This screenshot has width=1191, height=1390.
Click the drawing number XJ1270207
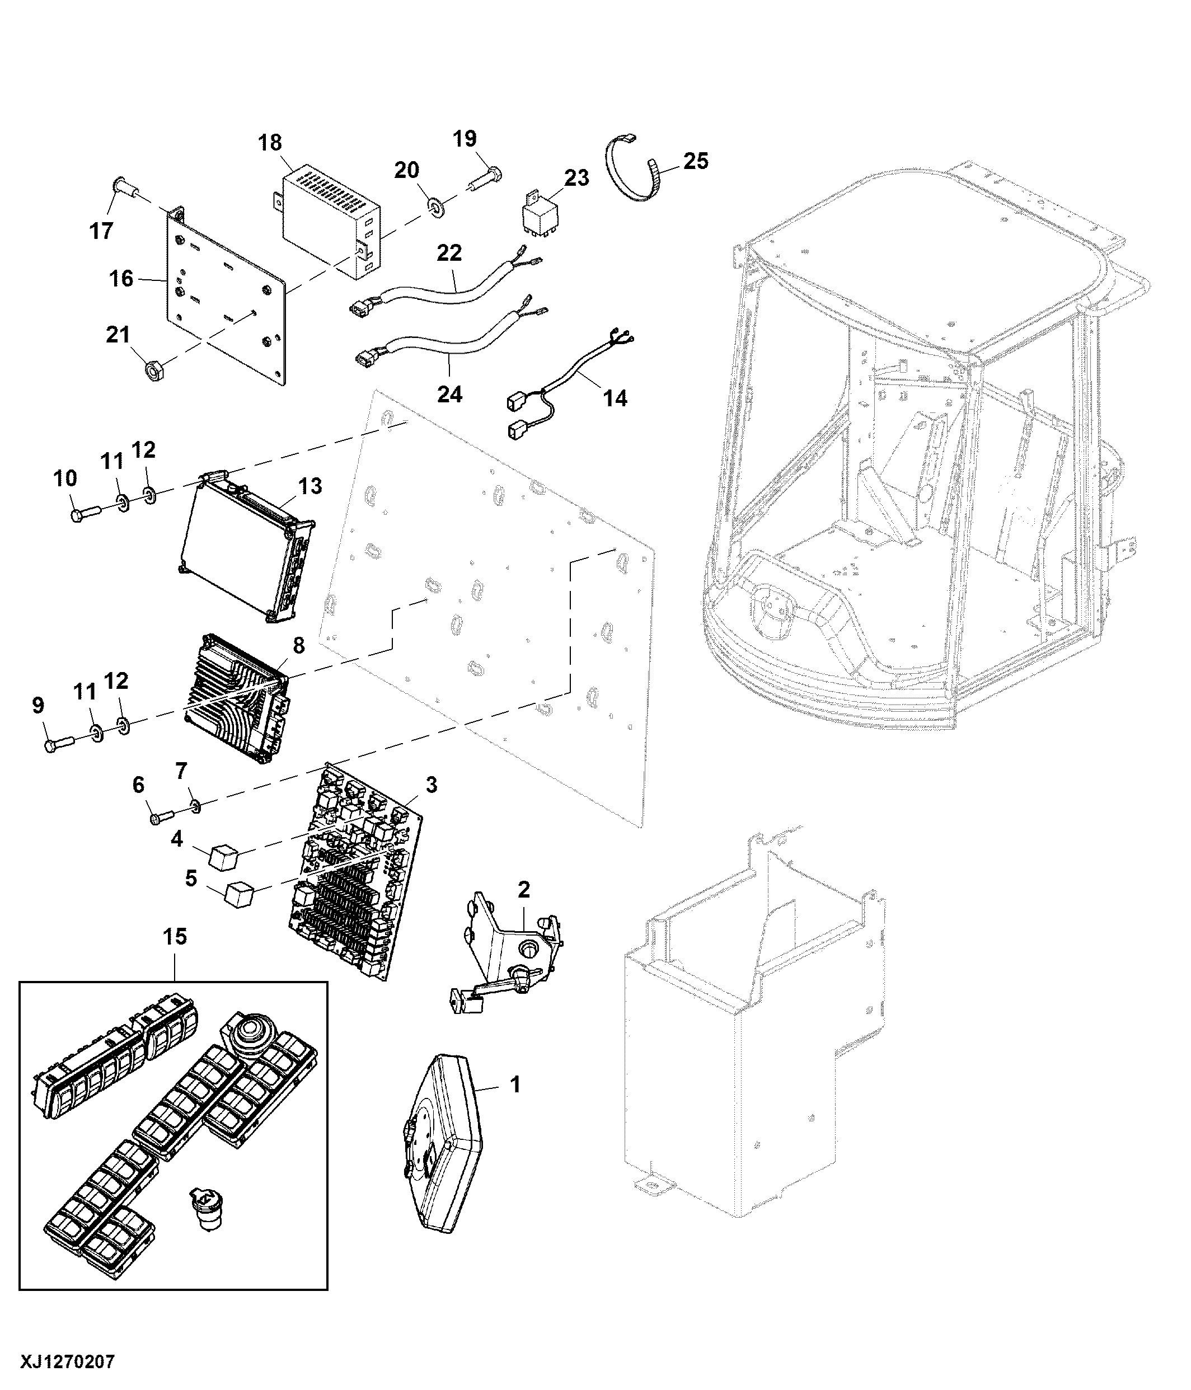point(68,1362)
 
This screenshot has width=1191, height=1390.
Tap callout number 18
point(270,143)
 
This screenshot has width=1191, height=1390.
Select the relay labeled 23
point(541,213)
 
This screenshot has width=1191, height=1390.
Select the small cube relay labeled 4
point(222,857)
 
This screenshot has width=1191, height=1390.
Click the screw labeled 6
point(161,816)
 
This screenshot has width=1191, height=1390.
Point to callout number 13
point(311,486)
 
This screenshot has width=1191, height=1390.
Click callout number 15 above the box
point(175,937)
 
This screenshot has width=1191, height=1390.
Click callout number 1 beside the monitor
point(515,1085)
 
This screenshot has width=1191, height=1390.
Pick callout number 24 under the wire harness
point(449,394)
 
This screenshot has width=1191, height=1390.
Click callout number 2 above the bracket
point(523,890)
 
